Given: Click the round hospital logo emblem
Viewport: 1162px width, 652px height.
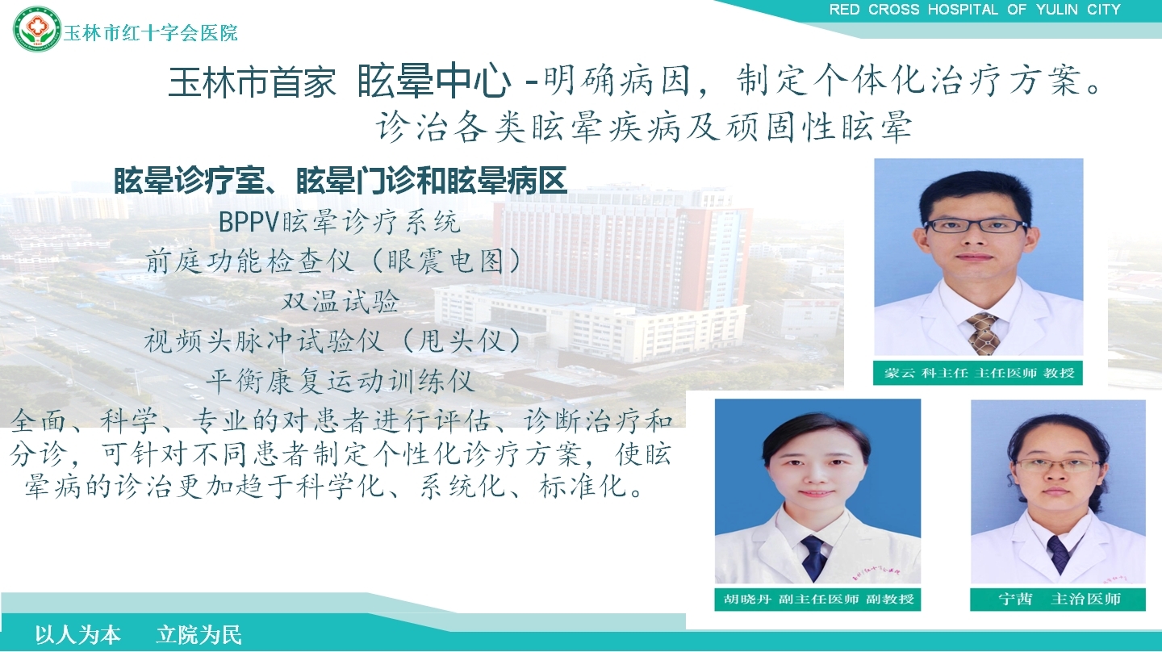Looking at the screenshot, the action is pyautogui.click(x=37, y=28).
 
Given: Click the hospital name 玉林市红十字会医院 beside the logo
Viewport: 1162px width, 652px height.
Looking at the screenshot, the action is pyautogui.click(x=150, y=33).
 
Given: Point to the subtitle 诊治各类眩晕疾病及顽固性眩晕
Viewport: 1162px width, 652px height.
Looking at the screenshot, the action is pyautogui.click(x=644, y=127).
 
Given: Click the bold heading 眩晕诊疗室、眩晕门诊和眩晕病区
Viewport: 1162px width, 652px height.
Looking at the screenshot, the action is pyautogui.click(x=341, y=180).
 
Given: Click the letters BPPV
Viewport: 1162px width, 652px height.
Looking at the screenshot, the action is pyautogui.click(x=249, y=222).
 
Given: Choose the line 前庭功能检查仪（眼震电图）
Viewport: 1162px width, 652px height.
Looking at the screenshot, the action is pyautogui.click(x=332, y=261).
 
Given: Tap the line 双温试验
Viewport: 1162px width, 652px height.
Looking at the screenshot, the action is pyautogui.click(x=341, y=301).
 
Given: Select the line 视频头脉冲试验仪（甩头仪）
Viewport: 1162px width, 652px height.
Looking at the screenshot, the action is pyautogui.click(x=332, y=341).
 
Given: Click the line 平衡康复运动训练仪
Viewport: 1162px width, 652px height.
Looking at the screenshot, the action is pyautogui.click(x=341, y=381).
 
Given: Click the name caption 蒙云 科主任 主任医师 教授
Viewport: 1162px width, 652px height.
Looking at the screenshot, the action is pyautogui.click(x=979, y=373).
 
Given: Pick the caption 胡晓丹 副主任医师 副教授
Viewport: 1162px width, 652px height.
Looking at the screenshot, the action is pyautogui.click(x=818, y=599).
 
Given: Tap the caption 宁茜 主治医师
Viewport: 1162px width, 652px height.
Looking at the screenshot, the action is pyautogui.click(x=1060, y=599).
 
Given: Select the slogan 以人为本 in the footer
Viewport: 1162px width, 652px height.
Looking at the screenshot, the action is pyautogui.click(x=77, y=635).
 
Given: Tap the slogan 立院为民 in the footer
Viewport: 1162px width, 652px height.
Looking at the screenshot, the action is pyautogui.click(x=199, y=635).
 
